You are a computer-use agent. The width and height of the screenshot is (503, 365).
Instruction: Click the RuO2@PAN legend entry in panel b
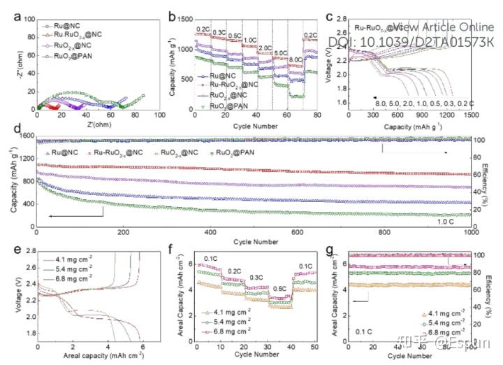pyautogui.click(x=224, y=105)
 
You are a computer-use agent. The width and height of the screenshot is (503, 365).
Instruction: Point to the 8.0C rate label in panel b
pyautogui.click(x=295, y=59)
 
